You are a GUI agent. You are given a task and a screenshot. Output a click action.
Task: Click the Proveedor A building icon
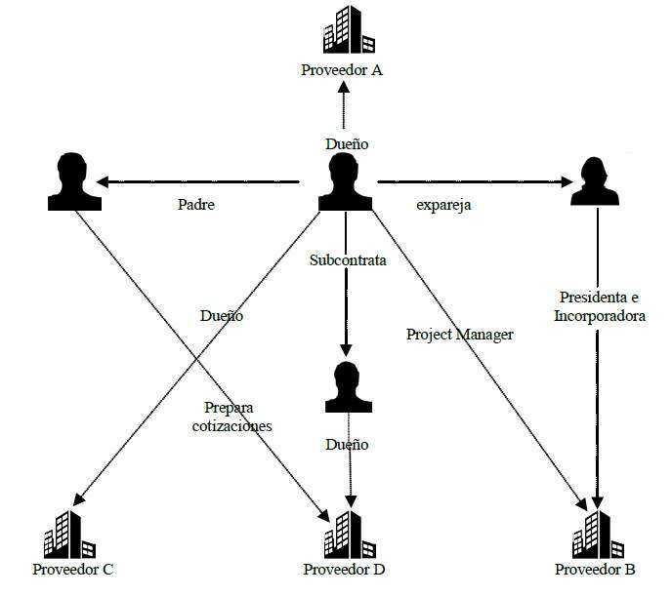(349, 31)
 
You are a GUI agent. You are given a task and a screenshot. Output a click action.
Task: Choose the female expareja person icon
(595, 181)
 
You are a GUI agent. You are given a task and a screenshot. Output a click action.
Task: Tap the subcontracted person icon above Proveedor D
(346, 388)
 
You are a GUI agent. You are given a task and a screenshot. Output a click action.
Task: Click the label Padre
(196, 206)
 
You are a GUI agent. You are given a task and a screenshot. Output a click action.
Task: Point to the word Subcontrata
(348, 260)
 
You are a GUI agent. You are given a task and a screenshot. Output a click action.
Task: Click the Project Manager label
(459, 334)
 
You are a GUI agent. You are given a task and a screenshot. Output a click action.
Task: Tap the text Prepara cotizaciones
(237, 417)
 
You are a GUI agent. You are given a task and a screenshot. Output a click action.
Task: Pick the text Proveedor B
(595, 569)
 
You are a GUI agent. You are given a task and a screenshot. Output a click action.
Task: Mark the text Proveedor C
(73, 569)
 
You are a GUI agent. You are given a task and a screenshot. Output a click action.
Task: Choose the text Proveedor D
(344, 569)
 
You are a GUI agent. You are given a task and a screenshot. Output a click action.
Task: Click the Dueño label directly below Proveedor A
(347, 143)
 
